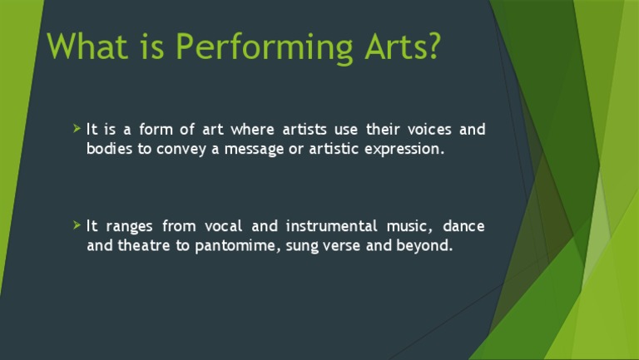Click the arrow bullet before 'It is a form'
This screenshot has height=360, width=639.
(77, 129)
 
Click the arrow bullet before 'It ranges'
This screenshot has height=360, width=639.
(77, 225)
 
